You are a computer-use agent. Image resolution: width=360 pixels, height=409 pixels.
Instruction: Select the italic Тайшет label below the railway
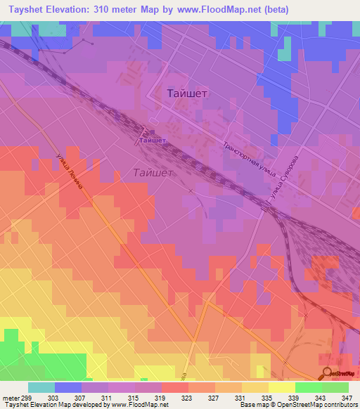[x=153, y=171]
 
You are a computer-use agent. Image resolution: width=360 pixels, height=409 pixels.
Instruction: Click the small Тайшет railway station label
[x=153, y=141]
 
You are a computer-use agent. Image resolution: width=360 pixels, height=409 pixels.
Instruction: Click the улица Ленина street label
[x=73, y=180]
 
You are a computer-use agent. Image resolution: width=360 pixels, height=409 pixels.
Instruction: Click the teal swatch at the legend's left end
[x=41, y=387]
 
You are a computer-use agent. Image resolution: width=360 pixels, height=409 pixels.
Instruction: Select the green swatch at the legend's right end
[x=335, y=387]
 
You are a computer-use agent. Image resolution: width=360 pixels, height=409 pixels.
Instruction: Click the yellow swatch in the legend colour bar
[x=281, y=387]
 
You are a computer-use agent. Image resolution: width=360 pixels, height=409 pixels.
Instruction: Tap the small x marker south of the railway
[x=191, y=190]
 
